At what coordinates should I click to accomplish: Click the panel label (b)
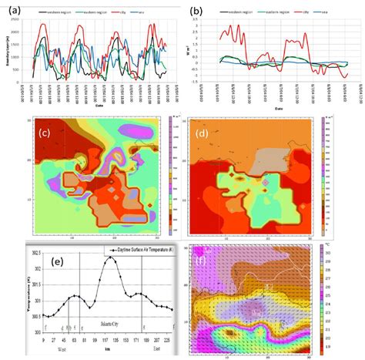[197, 12]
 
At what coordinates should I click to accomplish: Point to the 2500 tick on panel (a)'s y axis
[25, 21]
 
